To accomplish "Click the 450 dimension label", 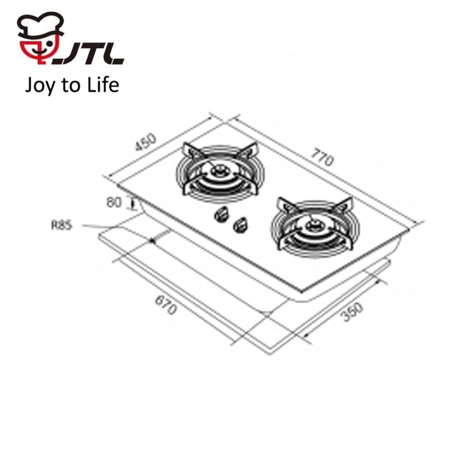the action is (146, 142).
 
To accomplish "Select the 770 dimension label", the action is (322, 157).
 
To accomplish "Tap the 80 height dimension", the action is (114, 203).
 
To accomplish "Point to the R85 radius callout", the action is (62, 225).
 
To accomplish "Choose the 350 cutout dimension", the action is (352, 312).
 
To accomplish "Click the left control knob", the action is (221, 214).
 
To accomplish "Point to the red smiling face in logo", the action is (38, 51).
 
